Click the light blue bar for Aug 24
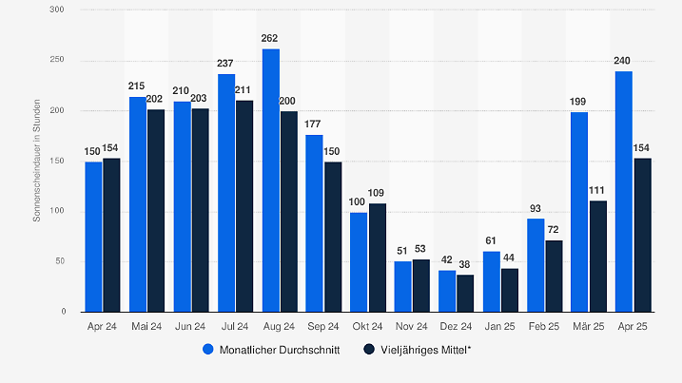pyautogui.click(x=271, y=181)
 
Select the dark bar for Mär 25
pyautogui.click(x=598, y=256)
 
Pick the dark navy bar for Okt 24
pyautogui.click(x=378, y=258)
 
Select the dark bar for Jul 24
pyautogui.click(x=245, y=206)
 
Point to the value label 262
pyautogui.click(x=271, y=40)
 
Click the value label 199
pyautogui.click(x=579, y=103)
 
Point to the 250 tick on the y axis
pyautogui.click(x=59, y=61)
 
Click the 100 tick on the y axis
pyautogui.click(x=59, y=211)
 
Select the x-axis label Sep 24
pyautogui.click(x=323, y=326)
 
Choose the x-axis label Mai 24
pyautogui.click(x=146, y=326)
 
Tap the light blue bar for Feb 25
pyautogui.click(x=536, y=265)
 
